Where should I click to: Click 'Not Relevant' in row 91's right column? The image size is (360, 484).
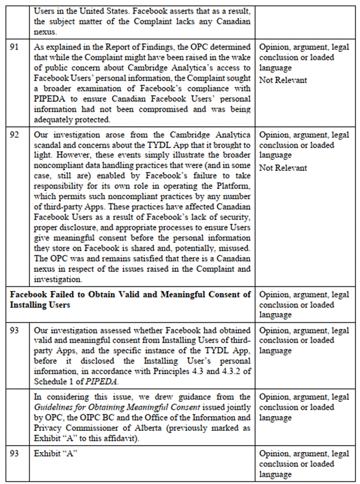[283, 81]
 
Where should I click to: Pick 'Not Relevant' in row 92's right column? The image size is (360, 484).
[283, 168]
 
